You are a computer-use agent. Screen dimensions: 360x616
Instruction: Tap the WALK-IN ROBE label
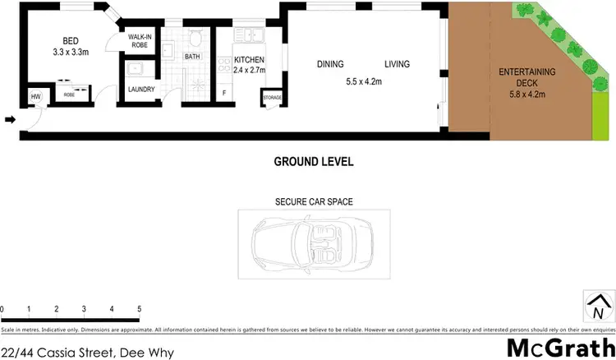[137, 41]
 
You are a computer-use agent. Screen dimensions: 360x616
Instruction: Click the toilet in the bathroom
[195, 38]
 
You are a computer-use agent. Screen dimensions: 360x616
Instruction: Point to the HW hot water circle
[35, 97]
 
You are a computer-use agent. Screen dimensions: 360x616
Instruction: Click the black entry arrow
[9, 120]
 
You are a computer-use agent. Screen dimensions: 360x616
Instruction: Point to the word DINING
[329, 64]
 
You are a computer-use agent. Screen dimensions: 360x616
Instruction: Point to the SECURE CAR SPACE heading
[308, 201]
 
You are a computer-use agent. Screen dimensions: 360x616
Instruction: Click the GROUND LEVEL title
[313, 162]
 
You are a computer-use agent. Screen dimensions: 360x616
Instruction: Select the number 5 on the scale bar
[140, 307]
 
